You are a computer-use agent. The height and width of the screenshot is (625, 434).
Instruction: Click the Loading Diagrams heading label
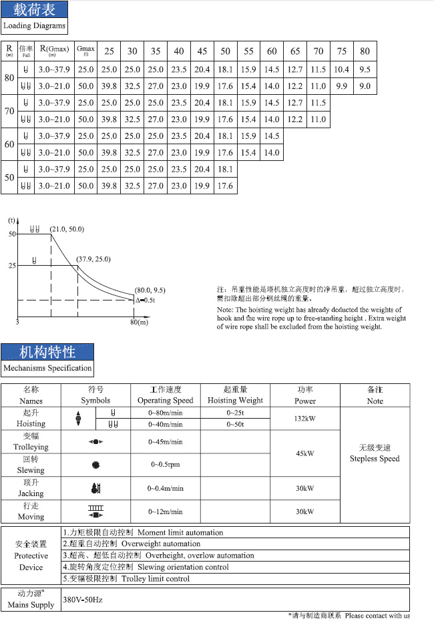click(35, 26)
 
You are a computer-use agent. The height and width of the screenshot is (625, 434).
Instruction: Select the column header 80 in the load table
click(365, 51)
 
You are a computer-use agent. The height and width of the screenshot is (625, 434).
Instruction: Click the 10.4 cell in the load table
click(341, 69)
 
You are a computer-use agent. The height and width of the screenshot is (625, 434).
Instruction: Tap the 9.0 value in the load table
click(365, 86)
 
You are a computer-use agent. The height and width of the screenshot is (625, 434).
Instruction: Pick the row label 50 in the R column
click(9, 178)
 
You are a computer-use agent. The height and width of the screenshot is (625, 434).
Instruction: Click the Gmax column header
click(85, 51)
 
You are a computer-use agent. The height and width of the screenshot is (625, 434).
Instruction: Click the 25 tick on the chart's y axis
click(12, 266)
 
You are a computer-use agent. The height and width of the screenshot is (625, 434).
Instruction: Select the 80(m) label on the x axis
click(139, 323)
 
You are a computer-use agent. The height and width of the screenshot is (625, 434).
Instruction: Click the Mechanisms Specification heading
click(47, 368)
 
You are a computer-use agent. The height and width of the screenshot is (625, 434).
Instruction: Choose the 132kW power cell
click(305, 418)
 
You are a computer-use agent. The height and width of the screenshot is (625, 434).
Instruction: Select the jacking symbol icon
click(95, 488)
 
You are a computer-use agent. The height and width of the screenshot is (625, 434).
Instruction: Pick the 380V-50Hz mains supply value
click(83, 599)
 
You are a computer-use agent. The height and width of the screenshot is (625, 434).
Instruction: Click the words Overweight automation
click(170, 544)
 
